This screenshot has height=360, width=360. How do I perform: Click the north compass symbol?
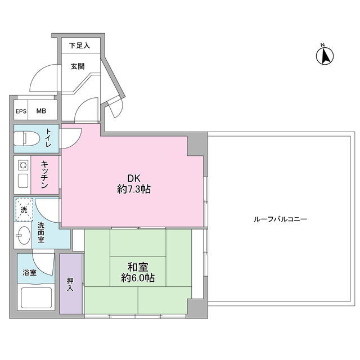(325, 56)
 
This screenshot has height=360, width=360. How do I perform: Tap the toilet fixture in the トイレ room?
(24, 138)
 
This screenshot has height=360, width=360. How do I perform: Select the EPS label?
(21, 111)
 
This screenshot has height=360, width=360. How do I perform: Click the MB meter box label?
(41, 111)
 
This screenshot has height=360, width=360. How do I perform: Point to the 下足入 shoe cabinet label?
(79, 46)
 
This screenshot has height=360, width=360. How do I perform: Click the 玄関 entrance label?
(78, 66)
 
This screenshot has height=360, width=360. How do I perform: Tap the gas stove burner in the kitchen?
(23, 165)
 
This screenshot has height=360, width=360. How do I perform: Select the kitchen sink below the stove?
(23, 181)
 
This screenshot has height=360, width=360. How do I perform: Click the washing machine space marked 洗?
(24, 210)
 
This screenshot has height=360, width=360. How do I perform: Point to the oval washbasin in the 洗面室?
(24, 235)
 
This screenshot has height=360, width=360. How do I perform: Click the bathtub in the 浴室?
(36, 298)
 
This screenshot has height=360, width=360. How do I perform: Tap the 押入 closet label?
(70, 285)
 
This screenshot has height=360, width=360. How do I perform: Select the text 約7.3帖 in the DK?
(134, 190)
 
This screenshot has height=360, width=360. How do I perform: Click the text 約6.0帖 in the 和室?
(138, 278)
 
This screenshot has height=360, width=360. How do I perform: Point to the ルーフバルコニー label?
(280, 219)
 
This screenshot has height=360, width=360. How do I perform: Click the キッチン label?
(44, 174)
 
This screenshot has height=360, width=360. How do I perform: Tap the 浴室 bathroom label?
(30, 273)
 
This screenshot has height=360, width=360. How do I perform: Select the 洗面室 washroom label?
(41, 232)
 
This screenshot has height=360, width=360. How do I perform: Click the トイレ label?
(49, 138)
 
